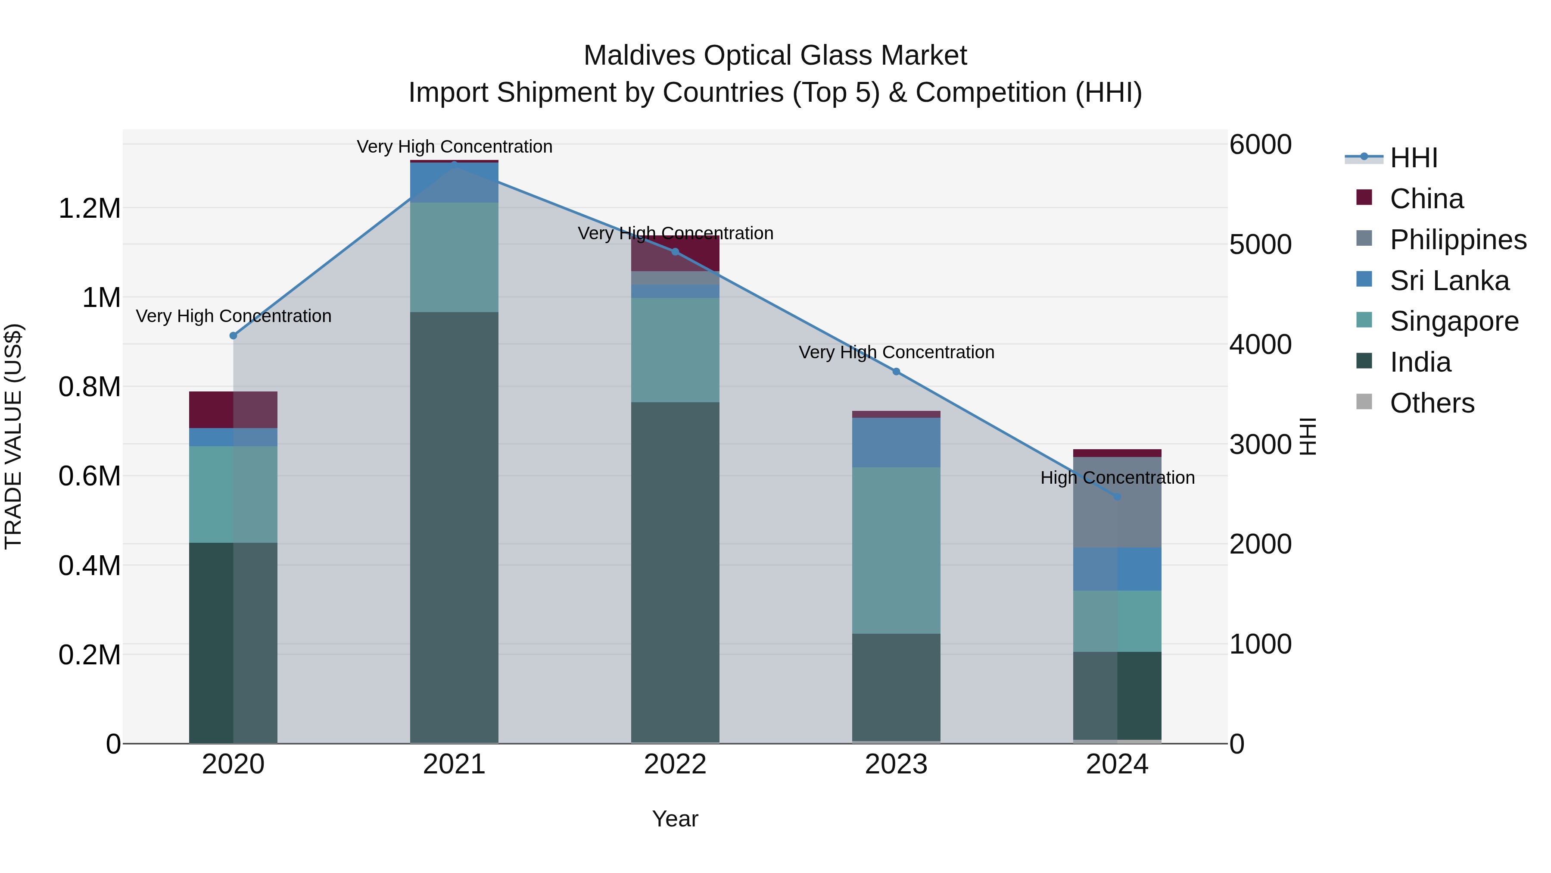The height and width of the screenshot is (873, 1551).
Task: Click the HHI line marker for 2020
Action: (x=233, y=335)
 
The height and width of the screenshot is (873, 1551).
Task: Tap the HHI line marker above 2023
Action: (x=896, y=372)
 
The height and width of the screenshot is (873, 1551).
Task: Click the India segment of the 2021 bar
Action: (x=454, y=527)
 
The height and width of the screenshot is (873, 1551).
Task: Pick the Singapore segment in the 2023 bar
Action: (x=896, y=550)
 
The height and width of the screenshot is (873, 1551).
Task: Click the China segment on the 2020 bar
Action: (x=233, y=410)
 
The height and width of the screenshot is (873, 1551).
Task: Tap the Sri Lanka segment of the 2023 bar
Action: (x=896, y=442)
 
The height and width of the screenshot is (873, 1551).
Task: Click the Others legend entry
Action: (x=1431, y=403)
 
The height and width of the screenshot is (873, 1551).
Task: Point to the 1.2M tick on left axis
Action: (x=89, y=209)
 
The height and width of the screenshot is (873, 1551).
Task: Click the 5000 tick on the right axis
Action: (x=1260, y=244)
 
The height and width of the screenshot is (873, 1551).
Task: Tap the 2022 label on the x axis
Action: (x=675, y=764)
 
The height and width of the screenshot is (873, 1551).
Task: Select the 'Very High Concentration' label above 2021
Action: (x=454, y=147)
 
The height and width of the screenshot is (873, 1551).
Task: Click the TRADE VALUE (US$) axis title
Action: (x=13, y=436)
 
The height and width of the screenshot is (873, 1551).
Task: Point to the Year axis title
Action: (x=675, y=819)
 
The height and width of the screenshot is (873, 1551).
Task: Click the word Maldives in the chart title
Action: (x=639, y=56)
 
